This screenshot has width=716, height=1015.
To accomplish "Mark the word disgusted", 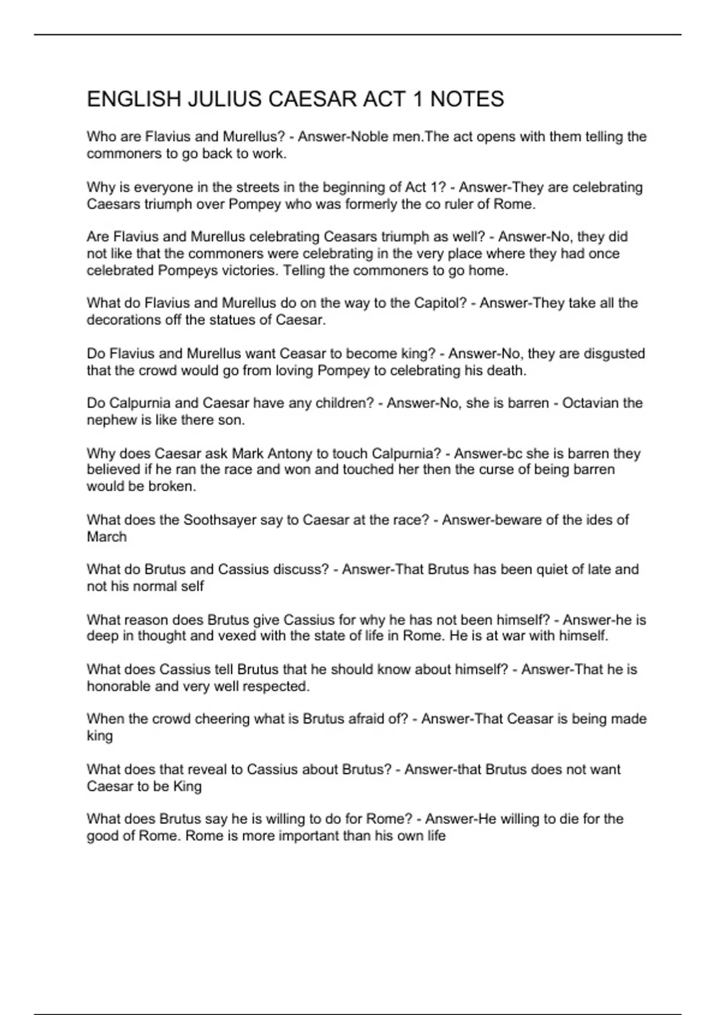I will pos(614,353).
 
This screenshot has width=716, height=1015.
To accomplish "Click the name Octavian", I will pos(590,403).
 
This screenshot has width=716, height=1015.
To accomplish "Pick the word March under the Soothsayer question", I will pos(107,537).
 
